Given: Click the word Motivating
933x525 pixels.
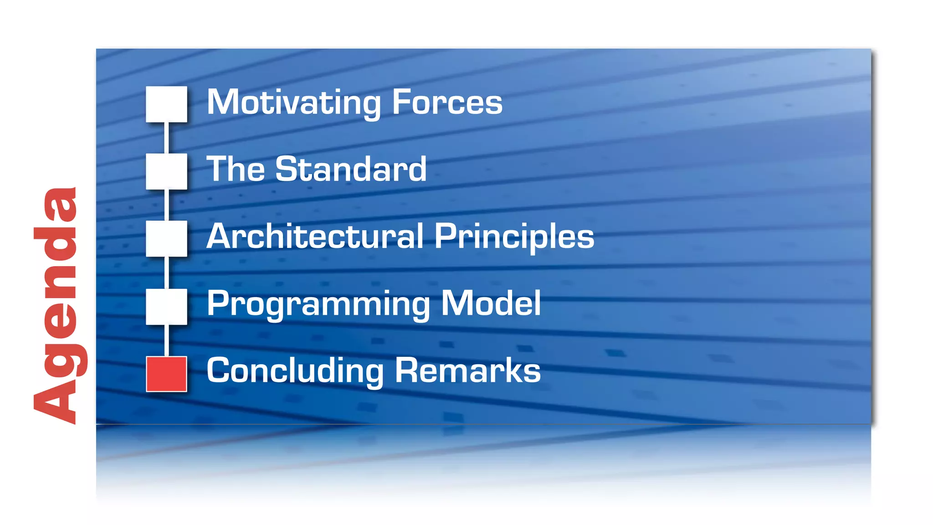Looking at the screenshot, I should [294, 103].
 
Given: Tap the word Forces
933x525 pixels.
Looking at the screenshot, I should [447, 103].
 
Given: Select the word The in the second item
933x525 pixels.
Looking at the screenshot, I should [235, 169].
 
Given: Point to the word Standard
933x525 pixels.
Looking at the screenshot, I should [351, 169].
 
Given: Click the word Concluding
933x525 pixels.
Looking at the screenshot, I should [295, 371].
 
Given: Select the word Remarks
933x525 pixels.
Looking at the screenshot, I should [467, 371].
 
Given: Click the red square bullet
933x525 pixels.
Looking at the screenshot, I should [166, 374].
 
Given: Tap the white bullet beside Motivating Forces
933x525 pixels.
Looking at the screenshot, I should [166, 104].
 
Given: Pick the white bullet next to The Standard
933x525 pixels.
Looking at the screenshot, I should [166, 171].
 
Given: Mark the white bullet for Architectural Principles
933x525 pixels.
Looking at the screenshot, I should [166, 239].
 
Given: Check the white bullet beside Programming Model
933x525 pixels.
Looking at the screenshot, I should [166, 306].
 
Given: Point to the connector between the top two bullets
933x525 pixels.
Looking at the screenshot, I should [166, 138].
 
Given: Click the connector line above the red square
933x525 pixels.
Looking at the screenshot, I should [166, 340].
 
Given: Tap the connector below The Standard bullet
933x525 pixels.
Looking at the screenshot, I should [166, 205].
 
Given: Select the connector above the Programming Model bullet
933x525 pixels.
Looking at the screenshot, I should [166, 273].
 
